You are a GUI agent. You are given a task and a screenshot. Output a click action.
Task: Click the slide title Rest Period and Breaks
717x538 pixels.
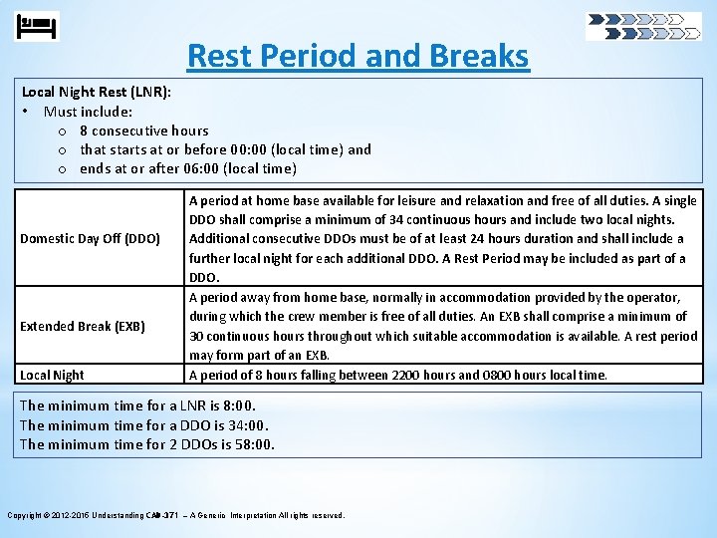pyautogui.click(x=358, y=56)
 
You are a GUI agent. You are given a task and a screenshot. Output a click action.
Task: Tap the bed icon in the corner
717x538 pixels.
pyautogui.click(x=38, y=26)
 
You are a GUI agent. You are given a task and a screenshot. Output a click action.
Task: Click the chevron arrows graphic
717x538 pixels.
pyautogui.click(x=643, y=26)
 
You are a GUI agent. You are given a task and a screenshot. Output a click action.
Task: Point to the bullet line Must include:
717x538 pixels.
pyautogui.click(x=89, y=112)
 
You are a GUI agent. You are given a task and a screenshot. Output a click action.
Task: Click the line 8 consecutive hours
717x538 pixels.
pyautogui.click(x=144, y=131)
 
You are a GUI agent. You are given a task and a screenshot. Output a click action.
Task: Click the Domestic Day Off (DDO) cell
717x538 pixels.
pyautogui.click(x=91, y=239)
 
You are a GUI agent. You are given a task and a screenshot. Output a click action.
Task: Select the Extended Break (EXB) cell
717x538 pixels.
pyautogui.click(x=83, y=326)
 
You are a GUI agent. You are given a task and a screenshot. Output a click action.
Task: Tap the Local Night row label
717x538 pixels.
pyautogui.click(x=52, y=375)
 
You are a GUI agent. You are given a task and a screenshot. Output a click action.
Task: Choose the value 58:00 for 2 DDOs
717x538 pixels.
pyautogui.click(x=254, y=444)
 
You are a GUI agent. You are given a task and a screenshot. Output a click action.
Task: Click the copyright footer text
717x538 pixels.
pyautogui.click(x=176, y=515)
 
